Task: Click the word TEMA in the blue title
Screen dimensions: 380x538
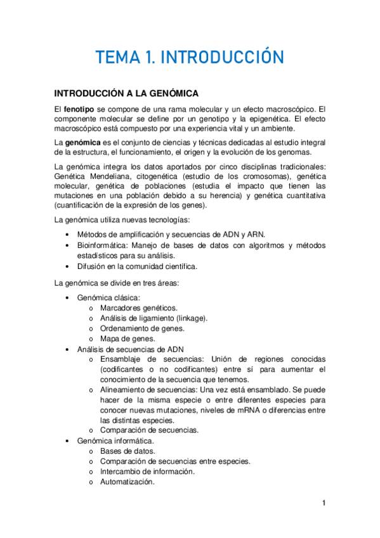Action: tap(117, 58)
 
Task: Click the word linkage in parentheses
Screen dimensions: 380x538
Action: tap(192, 318)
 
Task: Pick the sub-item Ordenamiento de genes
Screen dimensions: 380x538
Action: tap(142, 328)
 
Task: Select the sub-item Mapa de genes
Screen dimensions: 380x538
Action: tap(123, 339)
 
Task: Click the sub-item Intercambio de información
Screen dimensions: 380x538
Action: tap(147, 471)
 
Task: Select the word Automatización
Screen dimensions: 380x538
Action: tap(127, 482)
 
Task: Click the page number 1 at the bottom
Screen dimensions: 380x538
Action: tap(324, 504)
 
